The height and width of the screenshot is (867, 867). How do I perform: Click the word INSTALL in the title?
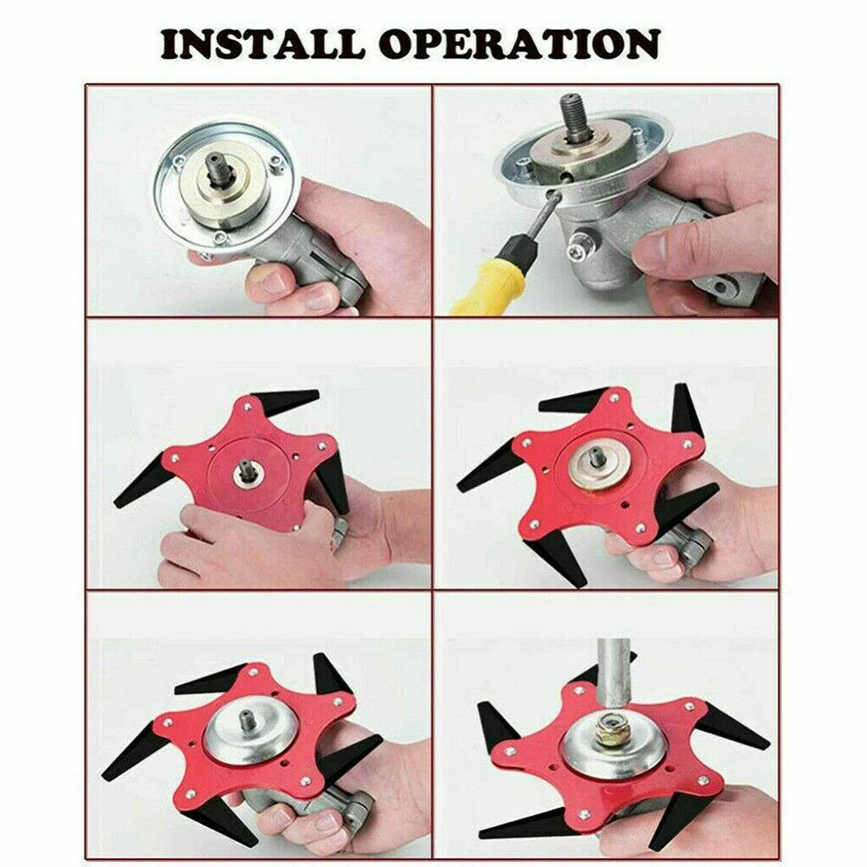point(261,44)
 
